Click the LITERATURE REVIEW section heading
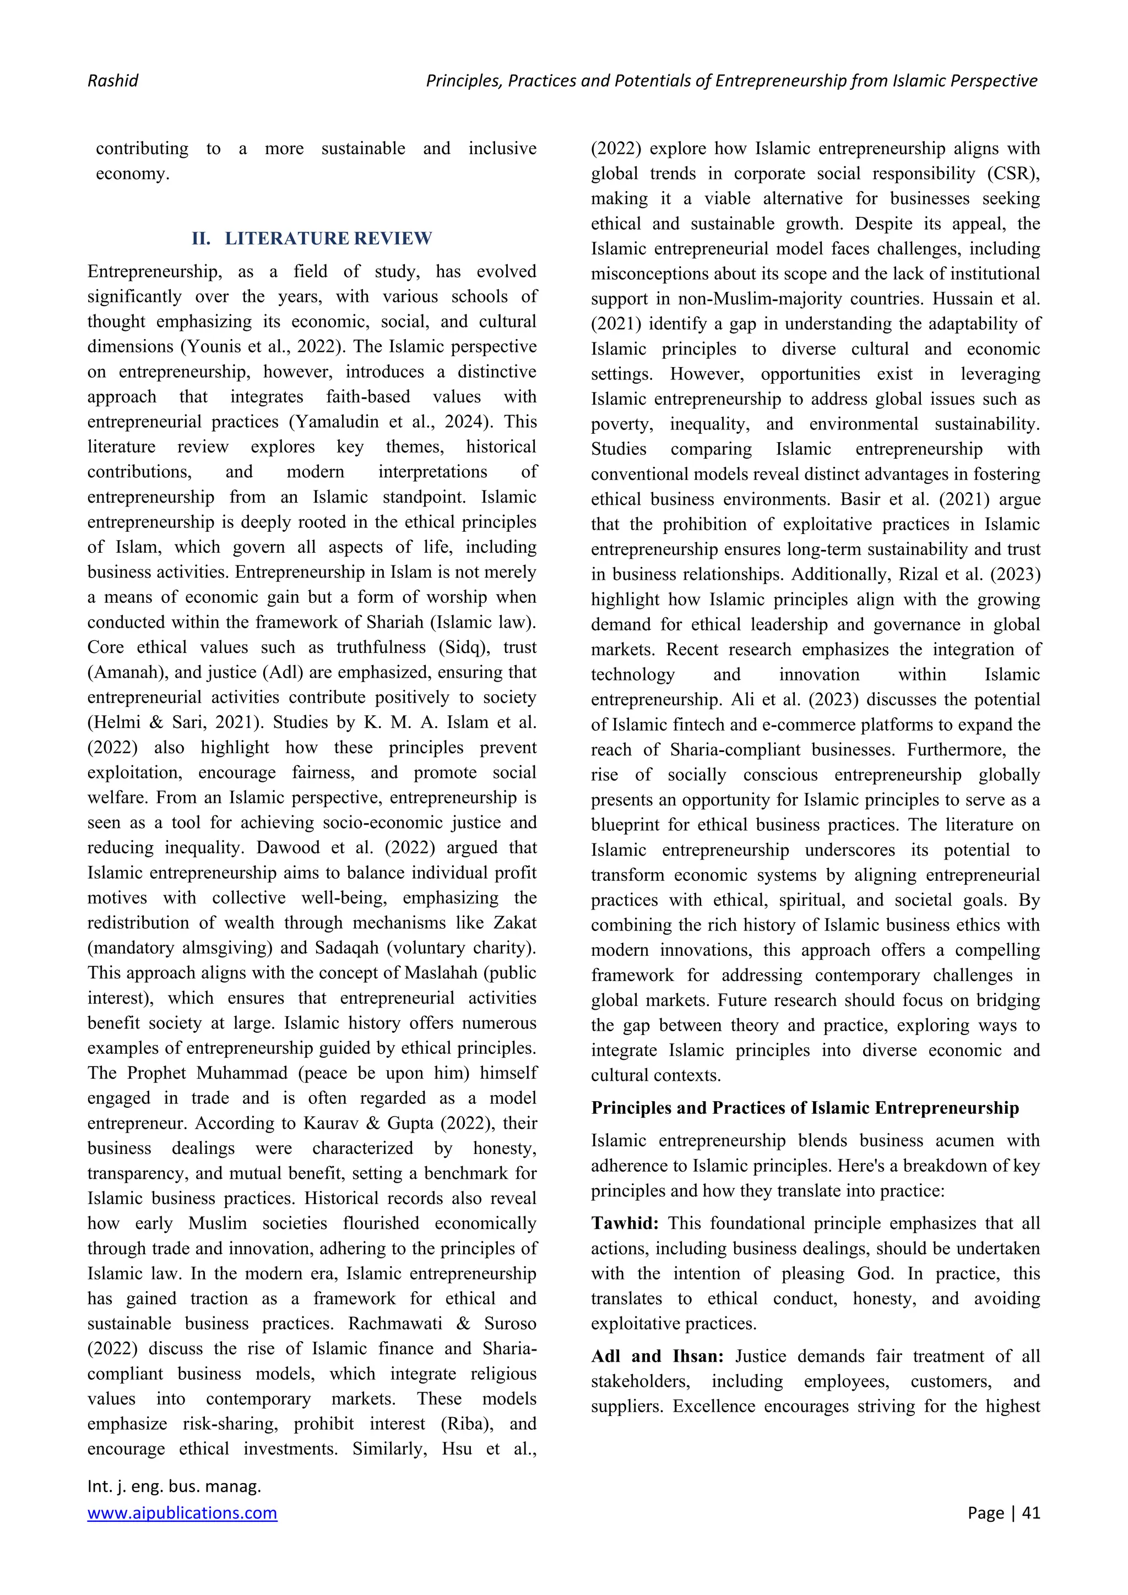[328, 238]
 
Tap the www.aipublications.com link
[182, 1513]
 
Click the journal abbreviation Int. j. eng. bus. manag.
[173, 1486]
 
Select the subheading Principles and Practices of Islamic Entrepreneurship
[805, 1108]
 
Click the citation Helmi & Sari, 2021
[175, 722]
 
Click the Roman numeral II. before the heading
[201, 238]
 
